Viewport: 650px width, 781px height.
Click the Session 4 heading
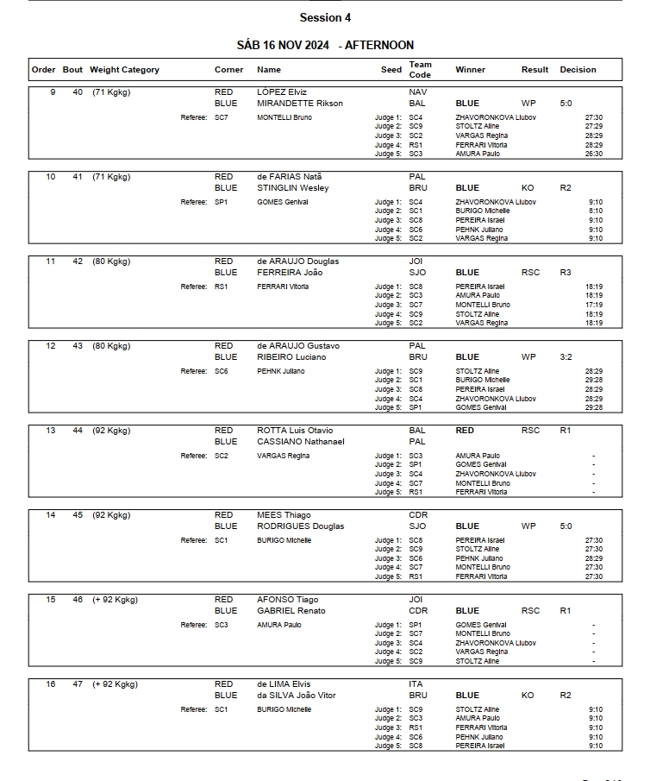tap(325, 17)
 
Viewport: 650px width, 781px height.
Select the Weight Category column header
tap(124, 70)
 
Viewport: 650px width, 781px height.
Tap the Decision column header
tap(578, 70)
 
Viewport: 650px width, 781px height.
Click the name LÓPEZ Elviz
tap(282, 91)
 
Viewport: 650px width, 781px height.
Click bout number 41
tap(78, 176)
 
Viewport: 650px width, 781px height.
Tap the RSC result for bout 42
tap(530, 272)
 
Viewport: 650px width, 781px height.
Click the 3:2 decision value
tap(566, 356)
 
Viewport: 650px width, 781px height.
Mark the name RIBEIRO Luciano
tap(291, 356)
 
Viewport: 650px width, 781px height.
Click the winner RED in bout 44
tap(465, 430)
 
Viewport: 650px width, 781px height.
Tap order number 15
tap(50, 599)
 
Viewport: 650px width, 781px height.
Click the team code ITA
tap(416, 683)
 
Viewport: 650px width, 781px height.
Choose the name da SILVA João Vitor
tap(297, 695)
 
